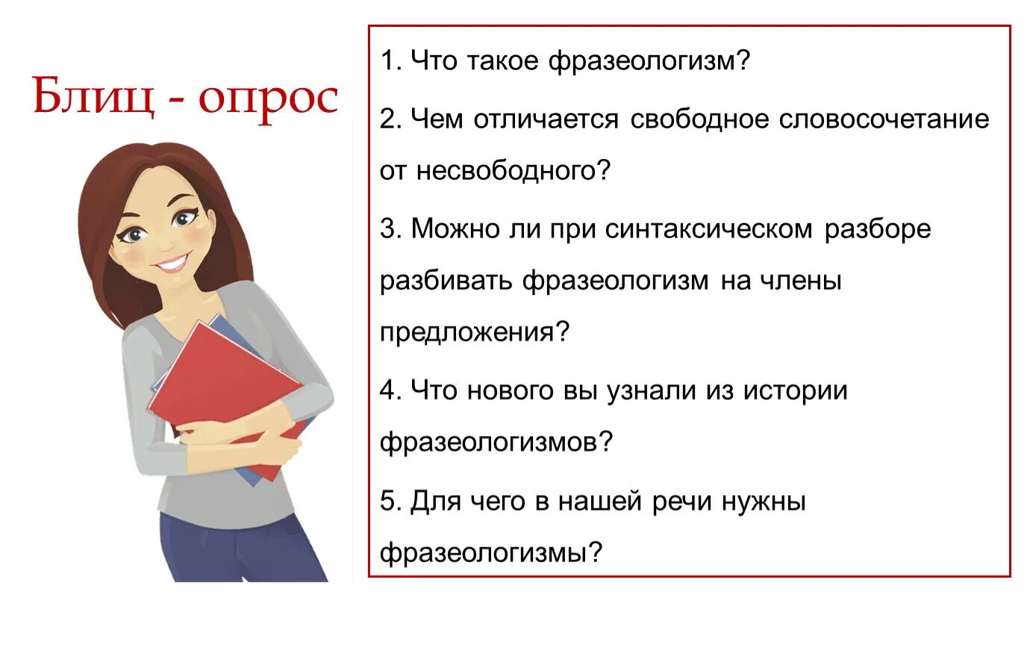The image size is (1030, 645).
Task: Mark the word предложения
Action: click(x=467, y=333)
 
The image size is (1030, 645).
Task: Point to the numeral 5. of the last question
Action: click(x=390, y=501)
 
